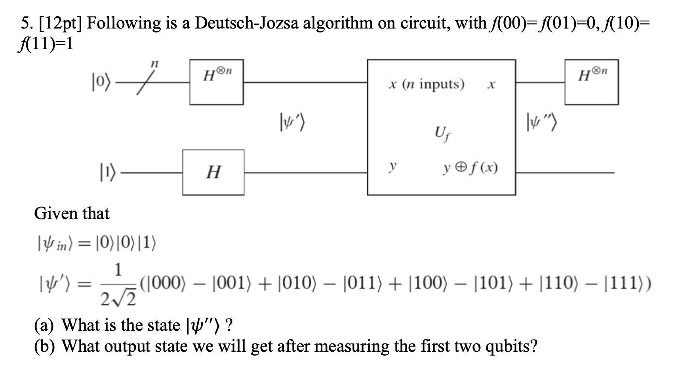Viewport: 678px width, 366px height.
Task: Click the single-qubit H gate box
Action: (213, 172)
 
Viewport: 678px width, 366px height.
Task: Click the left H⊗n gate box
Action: (216, 82)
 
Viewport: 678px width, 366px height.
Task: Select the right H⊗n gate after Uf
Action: (591, 82)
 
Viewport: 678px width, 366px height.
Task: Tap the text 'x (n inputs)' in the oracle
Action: (426, 84)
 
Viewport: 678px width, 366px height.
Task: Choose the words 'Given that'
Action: (72, 213)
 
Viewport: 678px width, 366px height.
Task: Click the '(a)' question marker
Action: (46, 326)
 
